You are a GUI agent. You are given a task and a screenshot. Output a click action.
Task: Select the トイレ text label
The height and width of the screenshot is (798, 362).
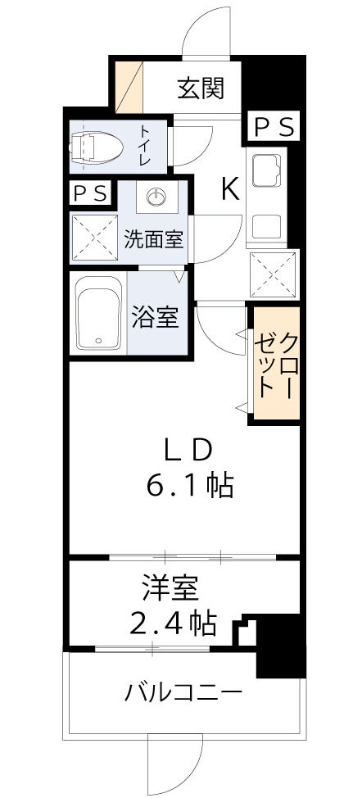[x=144, y=146]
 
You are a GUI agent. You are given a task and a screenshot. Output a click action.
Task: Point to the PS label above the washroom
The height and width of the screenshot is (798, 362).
[x=90, y=193]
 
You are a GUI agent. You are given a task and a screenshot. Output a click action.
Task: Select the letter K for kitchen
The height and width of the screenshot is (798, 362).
[x=230, y=190]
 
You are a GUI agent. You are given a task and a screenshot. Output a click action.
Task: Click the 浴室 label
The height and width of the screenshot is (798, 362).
[x=155, y=318]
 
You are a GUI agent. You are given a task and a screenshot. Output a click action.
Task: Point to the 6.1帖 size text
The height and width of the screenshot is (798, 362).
[x=190, y=487]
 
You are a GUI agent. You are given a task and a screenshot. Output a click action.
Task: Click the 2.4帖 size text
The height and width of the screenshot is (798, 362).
[x=173, y=624]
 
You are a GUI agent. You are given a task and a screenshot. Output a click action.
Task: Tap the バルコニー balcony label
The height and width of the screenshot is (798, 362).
[x=183, y=693]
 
